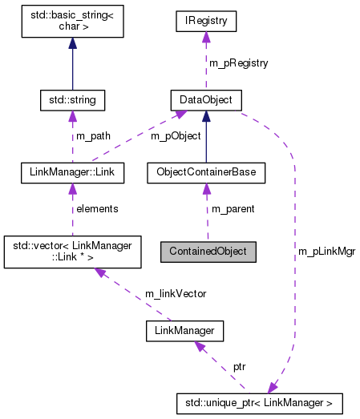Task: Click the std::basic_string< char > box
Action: pyautogui.click(x=73, y=23)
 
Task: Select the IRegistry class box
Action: pyautogui.click(x=205, y=22)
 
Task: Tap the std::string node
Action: pyautogui.click(x=73, y=100)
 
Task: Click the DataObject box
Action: pyautogui.click(x=205, y=100)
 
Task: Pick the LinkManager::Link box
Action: pyautogui.click(x=73, y=171)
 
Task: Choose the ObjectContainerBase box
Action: pyautogui.click(x=206, y=171)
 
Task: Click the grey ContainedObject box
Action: pyautogui.click(x=208, y=251)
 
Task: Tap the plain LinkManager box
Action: pyautogui.click(x=184, y=329)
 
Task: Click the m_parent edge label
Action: pyautogui.click(x=233, y=208)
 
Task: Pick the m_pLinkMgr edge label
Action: pyautogui.click(x=326, y=251)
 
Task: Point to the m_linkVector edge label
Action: pyautogui.click(x=175, y=293)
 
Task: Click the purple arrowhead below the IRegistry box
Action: pyautogui.click(x=205, y=38)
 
